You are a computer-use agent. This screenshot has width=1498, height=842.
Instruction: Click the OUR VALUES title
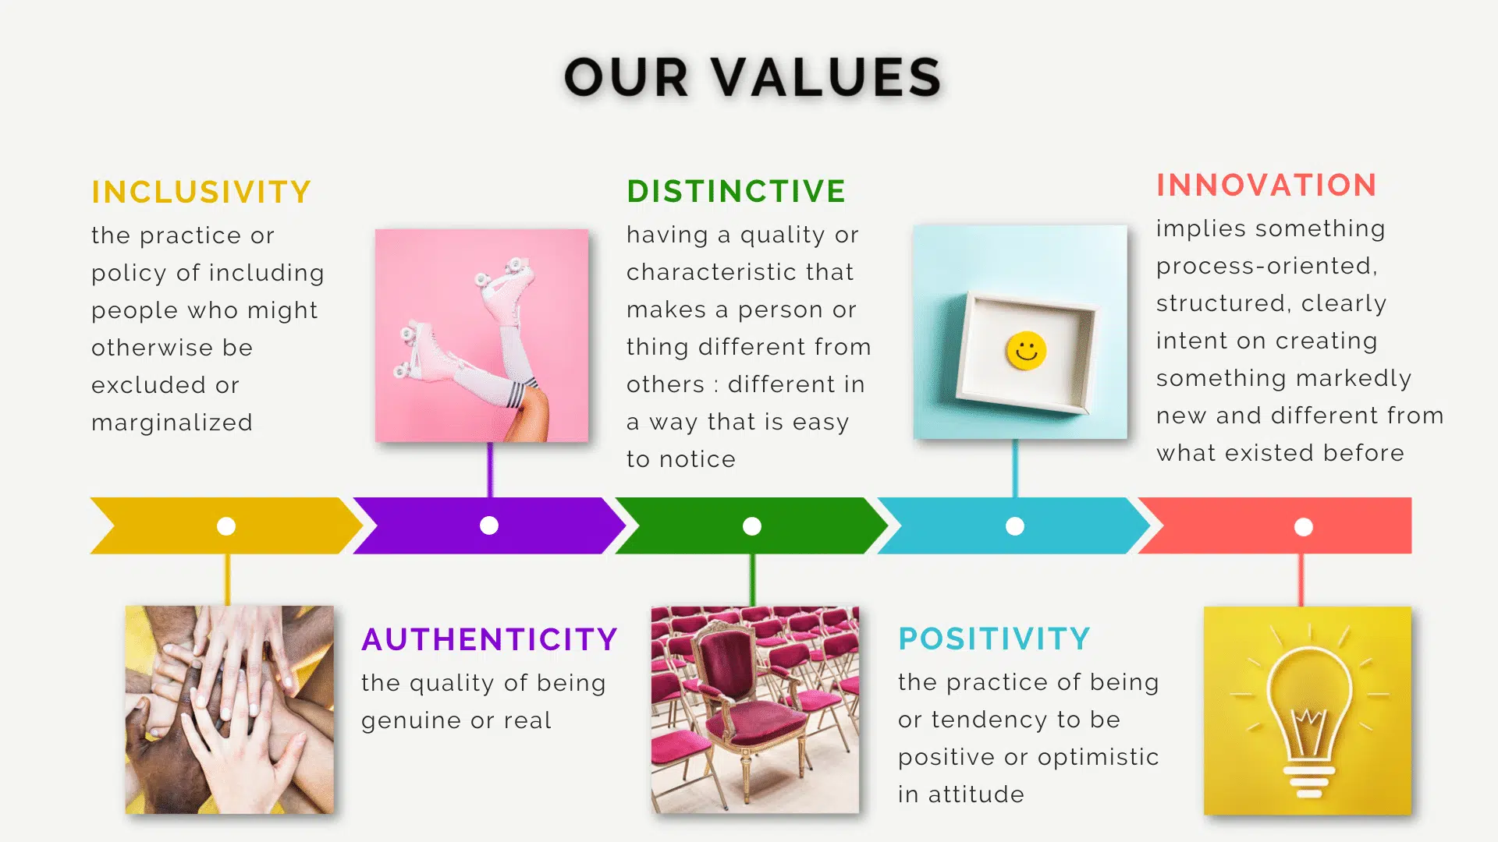[752, 76]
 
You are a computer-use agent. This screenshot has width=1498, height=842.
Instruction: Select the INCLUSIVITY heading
[201, 192]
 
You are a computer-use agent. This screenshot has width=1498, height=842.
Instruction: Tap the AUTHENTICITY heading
[489, 639]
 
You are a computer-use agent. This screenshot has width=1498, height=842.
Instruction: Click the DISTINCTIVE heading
[736, 191]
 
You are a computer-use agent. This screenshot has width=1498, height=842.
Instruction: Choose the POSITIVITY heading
[994, 639]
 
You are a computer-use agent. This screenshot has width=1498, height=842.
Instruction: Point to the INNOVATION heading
[1266, 185]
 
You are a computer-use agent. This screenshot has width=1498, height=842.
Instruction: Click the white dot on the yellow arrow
[226, 526]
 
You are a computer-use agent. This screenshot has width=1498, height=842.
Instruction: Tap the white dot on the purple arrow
[489, 525]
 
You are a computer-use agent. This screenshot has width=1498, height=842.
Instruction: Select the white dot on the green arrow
[752, 526]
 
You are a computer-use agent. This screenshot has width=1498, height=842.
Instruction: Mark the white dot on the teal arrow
[1015, 526]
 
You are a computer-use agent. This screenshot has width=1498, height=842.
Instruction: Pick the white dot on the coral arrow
[1304, 527]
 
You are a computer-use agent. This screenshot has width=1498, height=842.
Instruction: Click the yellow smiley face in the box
[1026, 351]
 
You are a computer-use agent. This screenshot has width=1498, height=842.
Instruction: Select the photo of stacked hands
[229, 709]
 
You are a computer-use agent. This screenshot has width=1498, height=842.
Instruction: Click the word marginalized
[172, 423]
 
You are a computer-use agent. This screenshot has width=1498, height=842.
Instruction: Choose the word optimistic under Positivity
[1099, 758]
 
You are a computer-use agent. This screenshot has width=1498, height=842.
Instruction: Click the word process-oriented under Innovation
[1266, 267]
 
